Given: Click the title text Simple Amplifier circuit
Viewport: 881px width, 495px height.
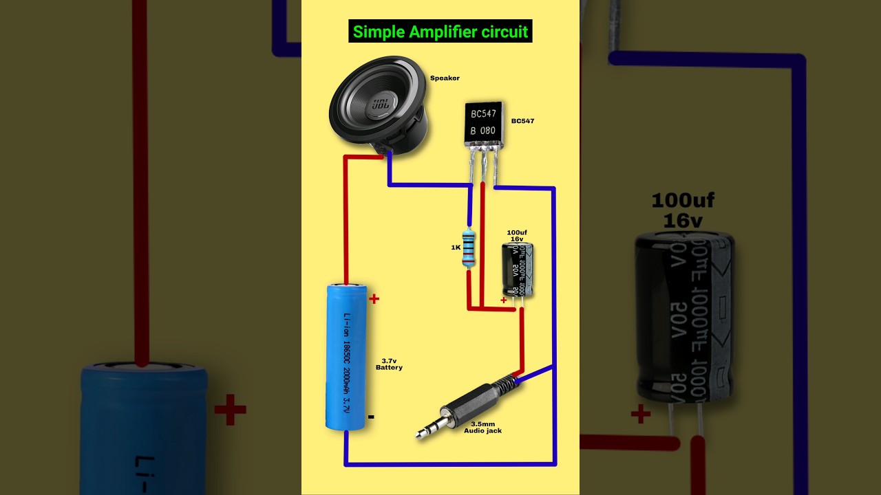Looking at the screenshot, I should pos(440,32).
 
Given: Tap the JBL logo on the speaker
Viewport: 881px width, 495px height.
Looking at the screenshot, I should pos(380,105).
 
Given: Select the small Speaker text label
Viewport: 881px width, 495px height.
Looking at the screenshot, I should pos(445,78).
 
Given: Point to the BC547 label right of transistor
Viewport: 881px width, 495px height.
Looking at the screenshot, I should pos(522,121).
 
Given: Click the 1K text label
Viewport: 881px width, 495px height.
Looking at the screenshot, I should pos(456,247).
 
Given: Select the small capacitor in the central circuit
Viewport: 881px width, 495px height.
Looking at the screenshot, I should pos(518,270).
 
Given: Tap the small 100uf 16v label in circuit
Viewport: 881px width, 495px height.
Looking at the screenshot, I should pos(517,236).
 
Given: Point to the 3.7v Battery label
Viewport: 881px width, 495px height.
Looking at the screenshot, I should pos(389,364).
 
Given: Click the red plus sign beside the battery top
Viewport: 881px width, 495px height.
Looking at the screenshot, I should pos(374,299).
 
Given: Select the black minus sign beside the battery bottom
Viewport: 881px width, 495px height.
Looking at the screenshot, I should pos(371,417).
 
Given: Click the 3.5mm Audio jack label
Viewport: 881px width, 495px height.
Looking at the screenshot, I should pos(487,427).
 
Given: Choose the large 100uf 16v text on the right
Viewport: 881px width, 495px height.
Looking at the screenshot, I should pos(683,210).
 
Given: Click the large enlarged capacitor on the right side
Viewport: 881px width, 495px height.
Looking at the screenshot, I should pos(684,316).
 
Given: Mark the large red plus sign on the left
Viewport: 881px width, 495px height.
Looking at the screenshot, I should pos(230,411).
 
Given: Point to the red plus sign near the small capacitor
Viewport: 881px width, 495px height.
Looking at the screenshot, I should pos(503,300).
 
